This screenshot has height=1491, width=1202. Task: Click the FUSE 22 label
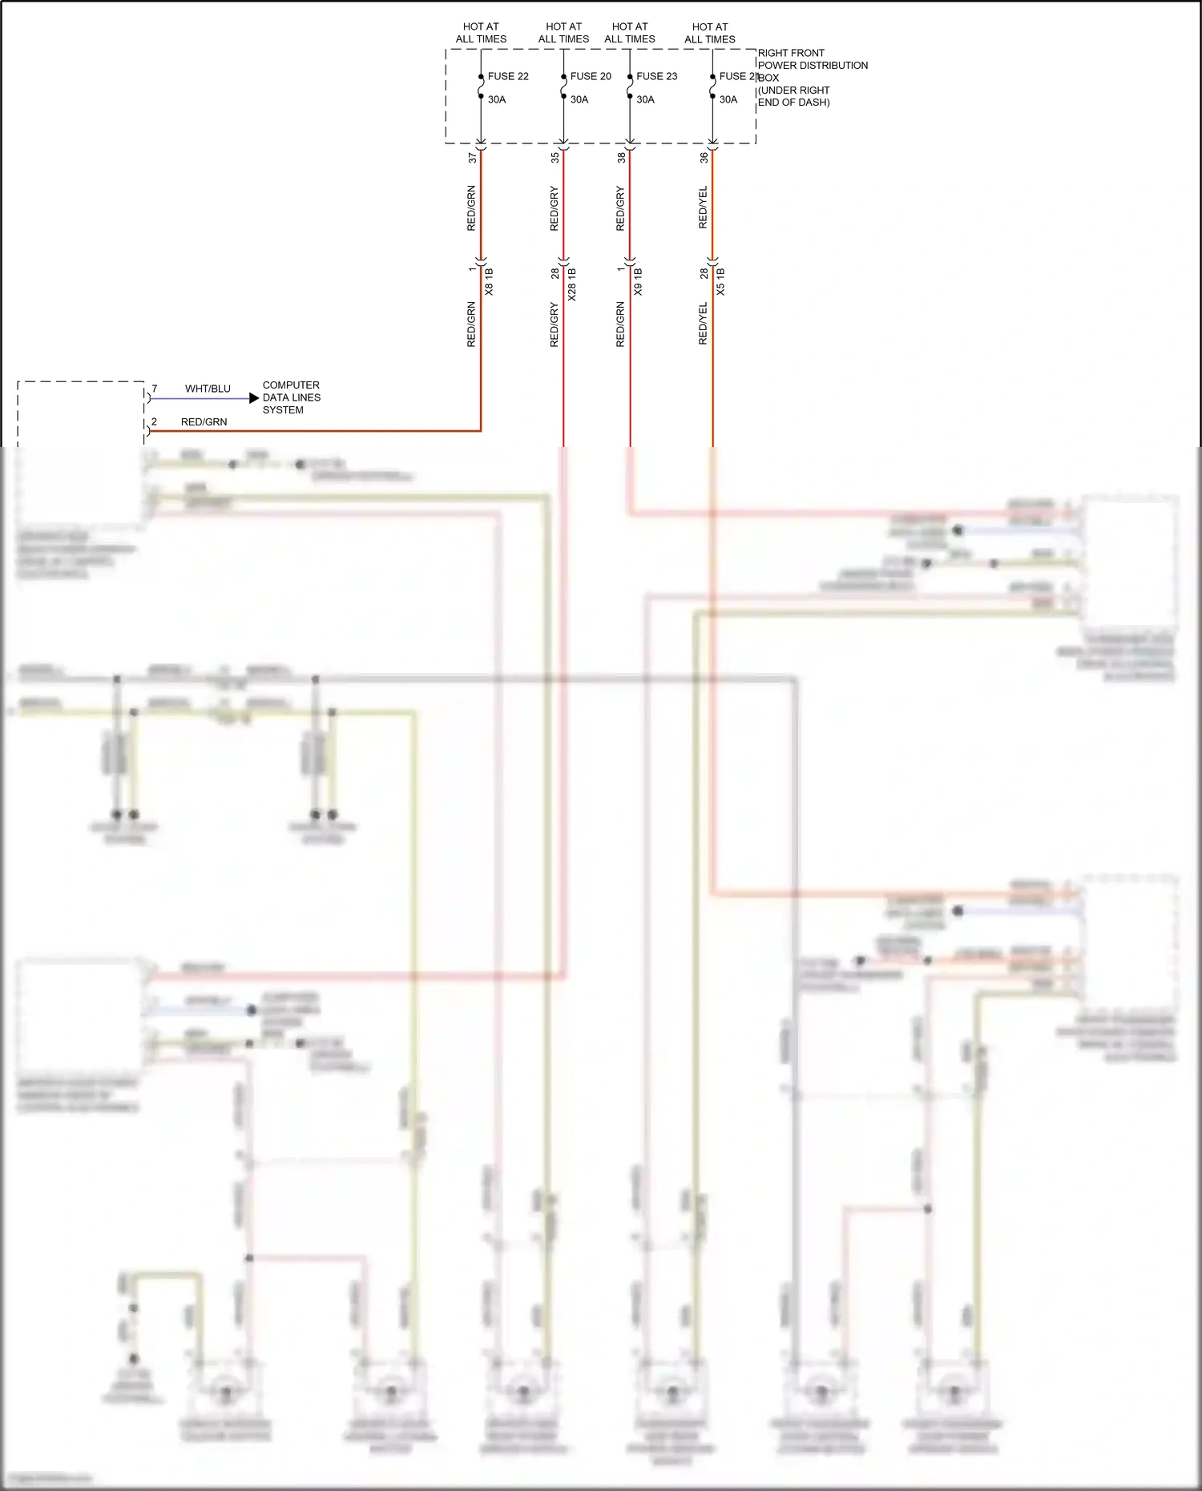508,76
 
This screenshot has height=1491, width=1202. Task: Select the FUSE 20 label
591,76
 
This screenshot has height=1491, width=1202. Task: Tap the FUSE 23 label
656,76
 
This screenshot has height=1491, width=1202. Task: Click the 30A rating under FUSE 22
497,99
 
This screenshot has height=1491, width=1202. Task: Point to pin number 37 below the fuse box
473,158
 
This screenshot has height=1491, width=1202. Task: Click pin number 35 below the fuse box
555,158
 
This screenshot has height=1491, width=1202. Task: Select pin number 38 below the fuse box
621,158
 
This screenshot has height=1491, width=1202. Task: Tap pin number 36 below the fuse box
704,158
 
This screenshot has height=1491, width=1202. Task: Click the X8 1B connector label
490,282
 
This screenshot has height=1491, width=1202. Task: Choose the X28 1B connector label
572,284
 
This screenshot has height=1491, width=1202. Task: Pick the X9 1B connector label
639,282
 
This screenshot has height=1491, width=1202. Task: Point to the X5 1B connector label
720,282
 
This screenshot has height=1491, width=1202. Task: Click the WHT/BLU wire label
208,389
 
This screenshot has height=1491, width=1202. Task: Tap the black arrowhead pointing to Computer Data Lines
254,398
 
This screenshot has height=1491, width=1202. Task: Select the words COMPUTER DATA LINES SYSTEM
291,397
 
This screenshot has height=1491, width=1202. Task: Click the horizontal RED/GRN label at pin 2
204,421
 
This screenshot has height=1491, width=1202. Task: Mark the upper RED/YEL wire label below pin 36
704,208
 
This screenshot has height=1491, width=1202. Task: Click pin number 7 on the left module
155,389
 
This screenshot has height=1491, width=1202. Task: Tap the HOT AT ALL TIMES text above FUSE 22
481,33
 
